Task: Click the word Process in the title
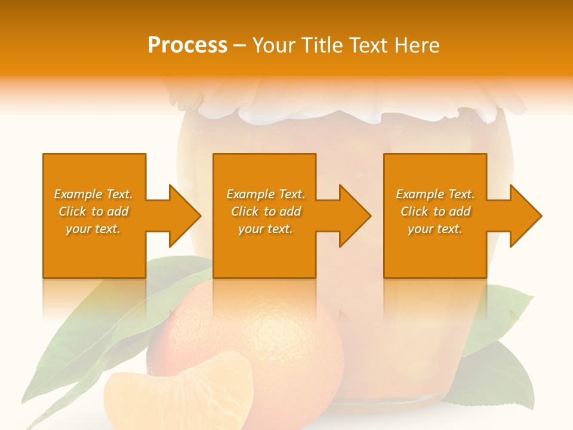pos(187,45)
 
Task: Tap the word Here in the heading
pos(417,45)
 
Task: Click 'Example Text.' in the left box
pos(93,194)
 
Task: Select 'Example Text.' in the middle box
pos(266,194)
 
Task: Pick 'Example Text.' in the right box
pos(435,194)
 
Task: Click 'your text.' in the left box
pos(93,229)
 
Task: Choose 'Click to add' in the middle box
pos(266,211)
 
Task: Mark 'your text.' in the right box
pos(435,229)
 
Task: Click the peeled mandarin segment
pos(179,394)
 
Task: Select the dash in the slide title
pos(239,45)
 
